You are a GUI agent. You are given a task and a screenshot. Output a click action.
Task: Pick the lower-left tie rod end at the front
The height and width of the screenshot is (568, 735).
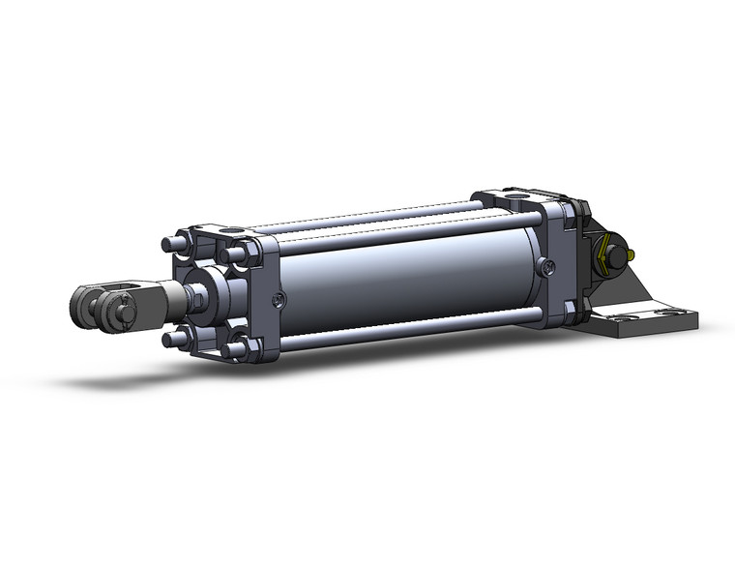coord(171,338)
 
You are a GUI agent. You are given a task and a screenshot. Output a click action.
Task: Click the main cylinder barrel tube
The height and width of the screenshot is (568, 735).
coord(406,281)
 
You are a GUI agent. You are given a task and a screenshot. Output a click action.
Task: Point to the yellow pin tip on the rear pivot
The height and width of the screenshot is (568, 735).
coord(632,255)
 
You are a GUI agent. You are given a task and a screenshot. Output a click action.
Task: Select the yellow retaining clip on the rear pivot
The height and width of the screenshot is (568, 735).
coord(609,258)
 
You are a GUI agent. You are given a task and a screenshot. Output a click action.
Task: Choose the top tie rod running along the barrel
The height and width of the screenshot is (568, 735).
coord(387,215)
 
